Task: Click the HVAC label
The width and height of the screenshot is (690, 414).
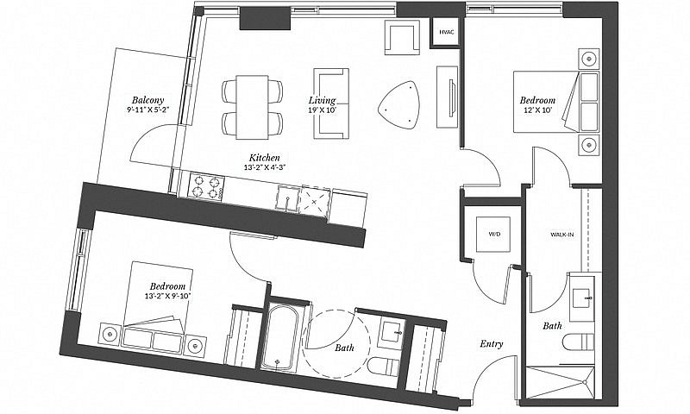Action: point(446,32)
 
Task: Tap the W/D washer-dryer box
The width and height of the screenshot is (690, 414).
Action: point(494,234)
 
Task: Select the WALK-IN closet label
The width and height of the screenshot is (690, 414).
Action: point(562,235)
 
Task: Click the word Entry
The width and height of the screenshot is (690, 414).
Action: point(491,344)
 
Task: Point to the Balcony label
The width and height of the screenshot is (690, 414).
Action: point(147,99)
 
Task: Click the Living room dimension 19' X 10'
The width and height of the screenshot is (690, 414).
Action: point(322,110)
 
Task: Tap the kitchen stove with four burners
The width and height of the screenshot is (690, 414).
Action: point(206,186)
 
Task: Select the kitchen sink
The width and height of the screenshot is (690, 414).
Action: point(287,198)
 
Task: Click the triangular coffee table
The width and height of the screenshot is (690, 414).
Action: point(399,105)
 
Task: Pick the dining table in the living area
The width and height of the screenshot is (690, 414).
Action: point(252,107)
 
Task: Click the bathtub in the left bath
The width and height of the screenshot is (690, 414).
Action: point(279,337)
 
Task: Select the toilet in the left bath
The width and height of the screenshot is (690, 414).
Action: point(383,367)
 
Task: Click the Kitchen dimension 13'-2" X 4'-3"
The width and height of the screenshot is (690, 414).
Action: point(265,167)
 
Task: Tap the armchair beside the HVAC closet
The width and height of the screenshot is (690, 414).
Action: point(402,37)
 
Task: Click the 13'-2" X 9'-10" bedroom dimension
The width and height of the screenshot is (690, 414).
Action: point(166,296)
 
